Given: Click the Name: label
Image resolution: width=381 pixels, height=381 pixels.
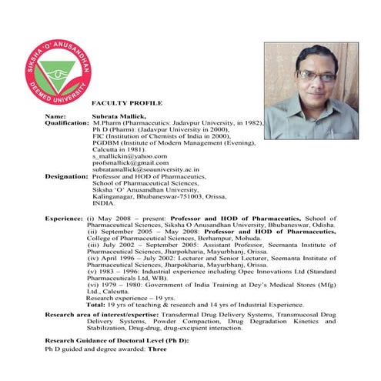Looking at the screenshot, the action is tap(55, 115).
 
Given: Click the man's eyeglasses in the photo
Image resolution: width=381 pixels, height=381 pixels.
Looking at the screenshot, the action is tap(318, 75).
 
